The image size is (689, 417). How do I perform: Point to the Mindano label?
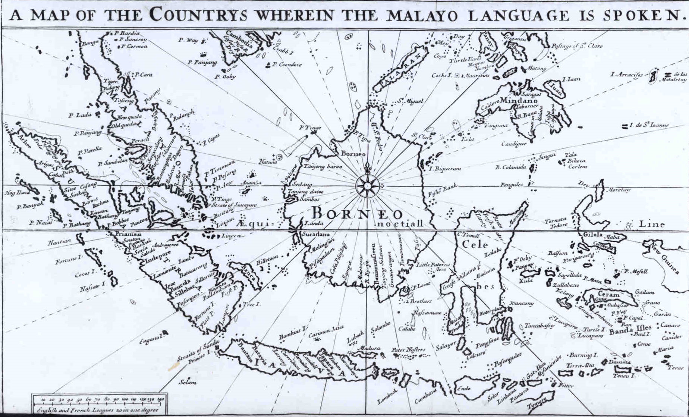click(x=519, y=101)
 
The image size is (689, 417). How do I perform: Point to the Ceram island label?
click(x=609, y=294)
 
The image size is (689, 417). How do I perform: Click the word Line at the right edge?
click(x=652, y=224)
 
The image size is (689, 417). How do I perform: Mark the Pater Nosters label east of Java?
click(x=408, y=350)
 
